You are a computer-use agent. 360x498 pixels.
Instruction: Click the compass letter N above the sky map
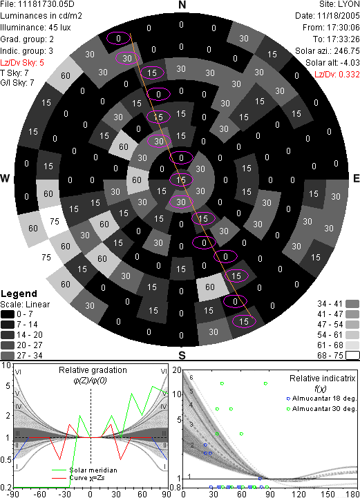[x=182, y=5]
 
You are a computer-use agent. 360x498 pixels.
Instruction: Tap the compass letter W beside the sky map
[x=5, y=178]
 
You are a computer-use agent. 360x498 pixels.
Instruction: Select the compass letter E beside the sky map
[x=356, y=178]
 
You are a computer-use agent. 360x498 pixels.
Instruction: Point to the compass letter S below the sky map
[x=182, y=356]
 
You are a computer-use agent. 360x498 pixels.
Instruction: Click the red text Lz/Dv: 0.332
[x=337, y=75]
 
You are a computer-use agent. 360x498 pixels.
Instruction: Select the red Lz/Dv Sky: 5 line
[x=22, y=63]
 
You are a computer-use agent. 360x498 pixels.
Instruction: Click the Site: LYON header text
[x=339, y=4]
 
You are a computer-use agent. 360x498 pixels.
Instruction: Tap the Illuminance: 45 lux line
[x=35, y=28]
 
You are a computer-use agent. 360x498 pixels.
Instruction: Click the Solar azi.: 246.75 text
[x=328, y=51]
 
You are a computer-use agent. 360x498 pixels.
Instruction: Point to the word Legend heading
[x=19, y=294]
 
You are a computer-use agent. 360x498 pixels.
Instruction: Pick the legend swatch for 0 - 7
[x=8, y=314]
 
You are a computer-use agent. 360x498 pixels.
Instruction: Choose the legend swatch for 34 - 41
[x=352, y=304]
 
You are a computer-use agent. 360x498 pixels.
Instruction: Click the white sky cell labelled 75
[x=54, y=221]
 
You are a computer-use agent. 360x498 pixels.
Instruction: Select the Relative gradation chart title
[x=93, y=370]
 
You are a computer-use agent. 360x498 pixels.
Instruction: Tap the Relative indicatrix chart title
[x=323, y=379]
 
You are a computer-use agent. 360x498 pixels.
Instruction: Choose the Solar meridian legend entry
[x=84, y=470]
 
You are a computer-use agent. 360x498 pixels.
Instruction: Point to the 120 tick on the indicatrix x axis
[x=299, y=494]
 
